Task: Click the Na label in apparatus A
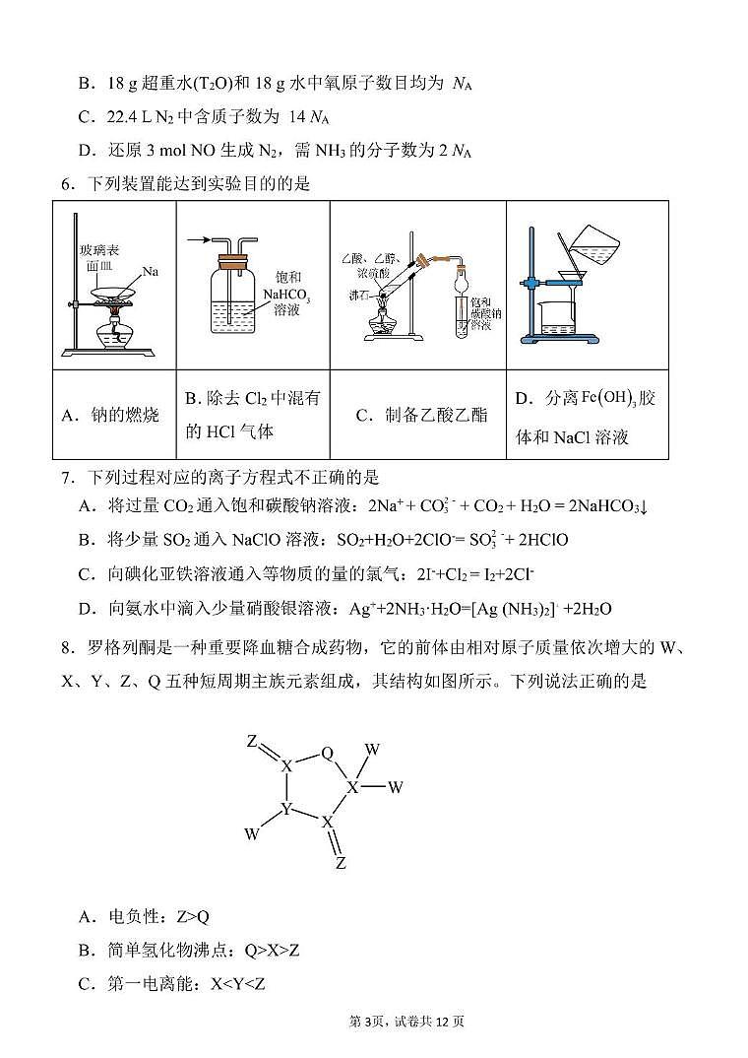coord(150,270)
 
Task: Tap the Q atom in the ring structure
coord(328,754)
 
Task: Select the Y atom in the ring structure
coord(286,809)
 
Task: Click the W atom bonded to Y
coord(252,833)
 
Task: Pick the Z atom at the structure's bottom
coord(341,863)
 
